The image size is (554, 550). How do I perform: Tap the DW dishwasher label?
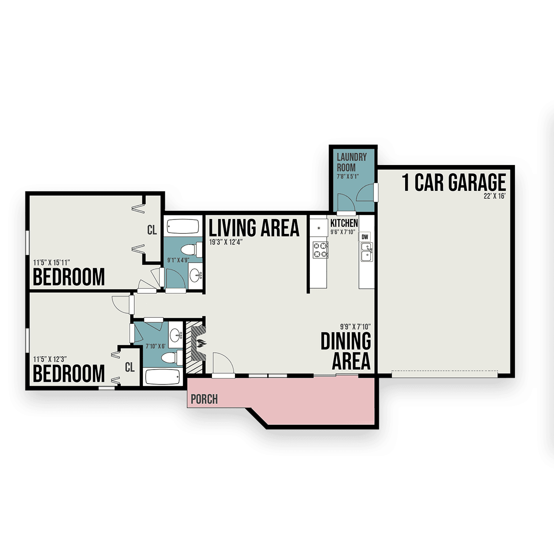[365, 237]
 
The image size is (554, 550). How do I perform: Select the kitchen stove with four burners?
[320, 250]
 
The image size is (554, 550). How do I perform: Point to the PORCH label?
[204, 399]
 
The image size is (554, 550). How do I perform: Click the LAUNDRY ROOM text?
[352, 162]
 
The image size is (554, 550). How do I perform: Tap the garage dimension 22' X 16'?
[495, 197]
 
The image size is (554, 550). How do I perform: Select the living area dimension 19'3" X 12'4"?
[226, 242]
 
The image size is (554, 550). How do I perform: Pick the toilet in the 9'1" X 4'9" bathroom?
[191, 250]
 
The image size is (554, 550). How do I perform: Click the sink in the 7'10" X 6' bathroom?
[176, 334]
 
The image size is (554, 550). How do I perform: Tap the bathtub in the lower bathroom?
[162, 377]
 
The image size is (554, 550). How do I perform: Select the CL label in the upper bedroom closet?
[152, 230]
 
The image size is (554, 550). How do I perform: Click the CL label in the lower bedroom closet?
[130, 367]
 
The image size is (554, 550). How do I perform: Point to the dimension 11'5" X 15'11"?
[52, 263]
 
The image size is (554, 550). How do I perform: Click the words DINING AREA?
[346, 351]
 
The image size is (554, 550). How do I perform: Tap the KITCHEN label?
[344, 223]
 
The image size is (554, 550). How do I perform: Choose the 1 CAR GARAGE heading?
[454, 182]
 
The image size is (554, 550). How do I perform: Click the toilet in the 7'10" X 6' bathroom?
[172, 358]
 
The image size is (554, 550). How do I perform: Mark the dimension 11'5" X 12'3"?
[50, 359]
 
